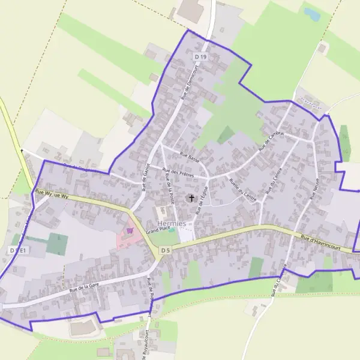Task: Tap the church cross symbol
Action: pyautogui.click(x=192, y=197)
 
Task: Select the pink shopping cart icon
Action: pyautogui.click(x=129, y=230)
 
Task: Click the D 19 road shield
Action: pyautogui.click(x=200, y=56)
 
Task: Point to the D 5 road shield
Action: pyautogui.click(x=166, y=250)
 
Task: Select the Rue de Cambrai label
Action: pyautogui.click(x=270, y=141)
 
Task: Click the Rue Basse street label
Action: pyautogui.click(x=190, y=158)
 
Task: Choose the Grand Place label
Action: pyautogui.click(x=158, y=230)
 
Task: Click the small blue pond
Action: pyautogui.click(x=311, y=13)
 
